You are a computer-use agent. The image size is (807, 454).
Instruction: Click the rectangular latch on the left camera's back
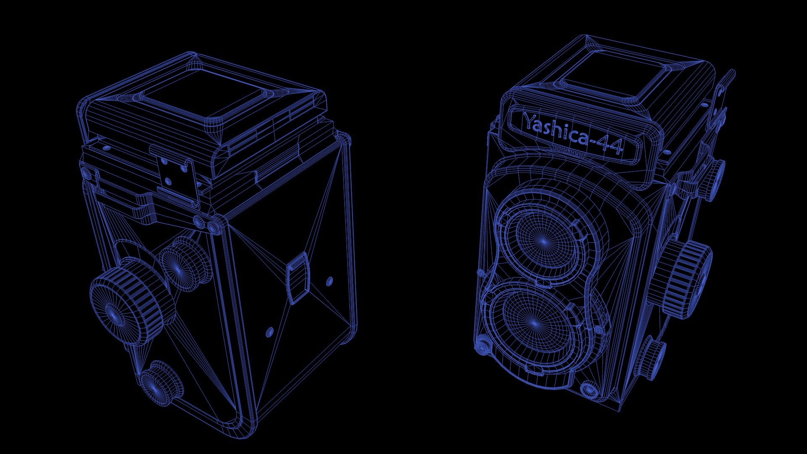298,277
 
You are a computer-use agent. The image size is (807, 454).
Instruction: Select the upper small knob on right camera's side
712,179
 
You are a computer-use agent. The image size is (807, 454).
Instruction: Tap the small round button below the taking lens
589,389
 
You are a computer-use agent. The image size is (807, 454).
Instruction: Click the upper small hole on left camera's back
330,281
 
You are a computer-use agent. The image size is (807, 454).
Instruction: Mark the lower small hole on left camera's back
269,332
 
